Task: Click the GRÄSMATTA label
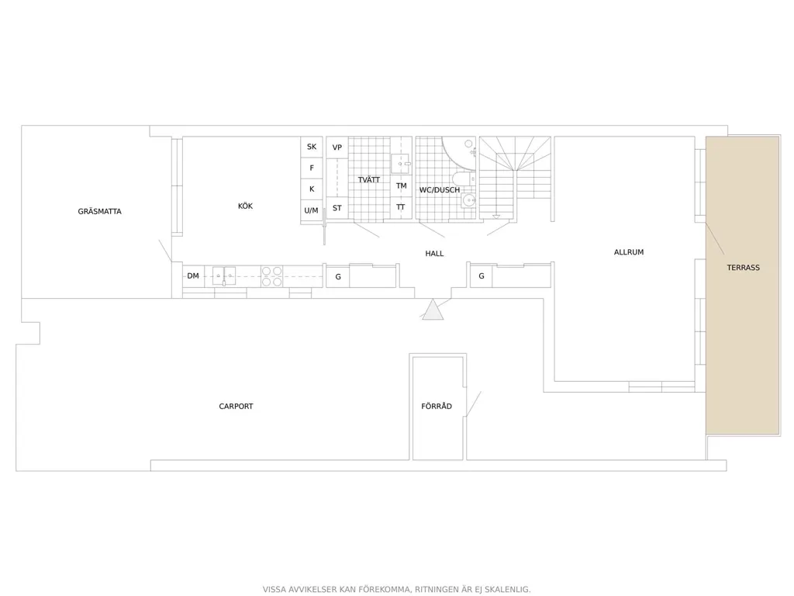100,211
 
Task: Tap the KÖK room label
245,206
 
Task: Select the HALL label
434,254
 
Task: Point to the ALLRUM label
629,252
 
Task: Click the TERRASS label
744,268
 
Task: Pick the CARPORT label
236,406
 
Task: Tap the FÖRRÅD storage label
437,406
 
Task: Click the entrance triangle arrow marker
433,310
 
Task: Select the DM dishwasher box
193,276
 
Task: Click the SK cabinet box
312,147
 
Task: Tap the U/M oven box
312,210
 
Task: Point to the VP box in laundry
337,147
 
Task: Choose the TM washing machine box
401,186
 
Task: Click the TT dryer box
401,207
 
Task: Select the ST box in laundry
337,208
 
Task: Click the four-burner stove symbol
272,276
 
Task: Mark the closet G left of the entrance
338,277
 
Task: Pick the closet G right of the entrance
481,276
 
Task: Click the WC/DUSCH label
440,190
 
